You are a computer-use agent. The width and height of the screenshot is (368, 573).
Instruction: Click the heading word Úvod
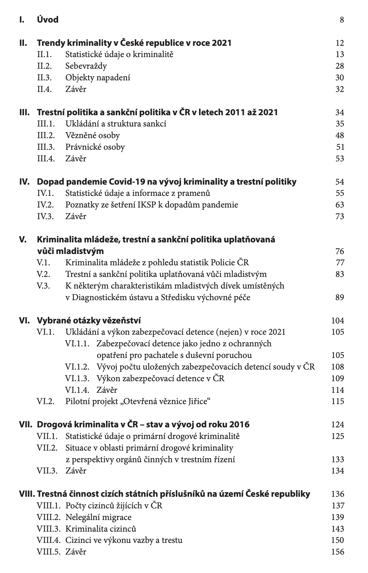click(x=48, y=19)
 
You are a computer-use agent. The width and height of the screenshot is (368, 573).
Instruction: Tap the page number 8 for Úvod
click(x=342, y=20)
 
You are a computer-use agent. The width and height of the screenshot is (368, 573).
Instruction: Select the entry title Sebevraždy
click(x=86, y=66)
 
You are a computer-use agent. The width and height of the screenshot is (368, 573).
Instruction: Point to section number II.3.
click(x=44, y=78)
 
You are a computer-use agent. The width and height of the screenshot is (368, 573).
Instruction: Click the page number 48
click(x=340, y=135)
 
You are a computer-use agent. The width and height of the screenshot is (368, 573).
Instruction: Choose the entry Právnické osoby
click(x=95, y=147)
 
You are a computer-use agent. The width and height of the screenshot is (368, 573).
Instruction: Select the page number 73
click(x=340, y=216)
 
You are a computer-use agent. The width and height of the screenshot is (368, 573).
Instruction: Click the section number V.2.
click(x=43, y=274)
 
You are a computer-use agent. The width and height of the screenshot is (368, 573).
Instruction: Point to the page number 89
click(x=340, y=297)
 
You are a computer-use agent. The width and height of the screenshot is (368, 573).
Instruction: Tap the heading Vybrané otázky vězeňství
click(x=89, y=320)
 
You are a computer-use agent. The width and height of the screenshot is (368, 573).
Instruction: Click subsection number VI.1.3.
click(x=77, y=378)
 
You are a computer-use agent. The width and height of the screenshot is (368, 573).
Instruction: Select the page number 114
click(x=338, y=390)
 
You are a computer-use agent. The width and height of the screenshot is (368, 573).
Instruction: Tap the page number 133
click(x=338, y=459)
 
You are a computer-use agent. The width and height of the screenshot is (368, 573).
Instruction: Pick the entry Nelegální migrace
click(x=98, y=517)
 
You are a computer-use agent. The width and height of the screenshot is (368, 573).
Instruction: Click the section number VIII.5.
click(x=48, y=552)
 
